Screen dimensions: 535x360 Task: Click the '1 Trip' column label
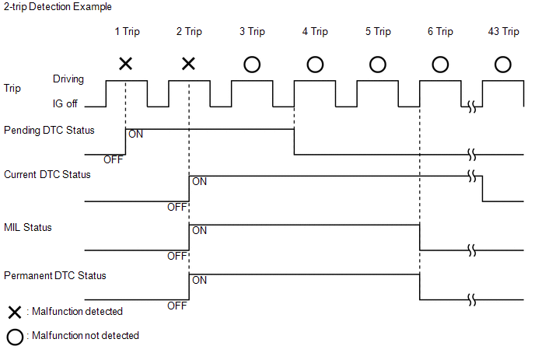coord(127,31)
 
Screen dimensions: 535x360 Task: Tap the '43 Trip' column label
coord(503,31)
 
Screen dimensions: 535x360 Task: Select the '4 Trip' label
coord(315,31)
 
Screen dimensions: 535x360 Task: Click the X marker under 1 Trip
coord(125,64)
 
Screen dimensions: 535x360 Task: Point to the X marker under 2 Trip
coord(188,64)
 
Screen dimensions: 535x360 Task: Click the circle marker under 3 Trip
coord(252,57)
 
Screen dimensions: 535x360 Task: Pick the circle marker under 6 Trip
coord(440,57)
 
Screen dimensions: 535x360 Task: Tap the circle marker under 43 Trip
coord(503,57)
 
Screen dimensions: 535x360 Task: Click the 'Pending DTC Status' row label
coord(49,131)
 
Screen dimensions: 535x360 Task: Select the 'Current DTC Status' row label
coord(47,175)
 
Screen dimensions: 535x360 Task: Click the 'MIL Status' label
coord(28,228)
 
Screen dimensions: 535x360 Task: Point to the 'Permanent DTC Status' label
coord(55,276)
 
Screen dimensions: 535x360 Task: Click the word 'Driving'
coord(68,79)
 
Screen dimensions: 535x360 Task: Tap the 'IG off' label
coord(65,103)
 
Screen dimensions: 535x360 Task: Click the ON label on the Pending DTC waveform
coord(136,134)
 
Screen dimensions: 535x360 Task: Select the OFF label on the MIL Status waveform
coord(177,256)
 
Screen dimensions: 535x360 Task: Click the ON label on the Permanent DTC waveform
coord(200,280)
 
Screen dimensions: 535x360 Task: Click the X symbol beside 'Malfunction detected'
coord(15,313)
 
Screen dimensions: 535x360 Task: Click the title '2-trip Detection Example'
coord(58,7)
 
